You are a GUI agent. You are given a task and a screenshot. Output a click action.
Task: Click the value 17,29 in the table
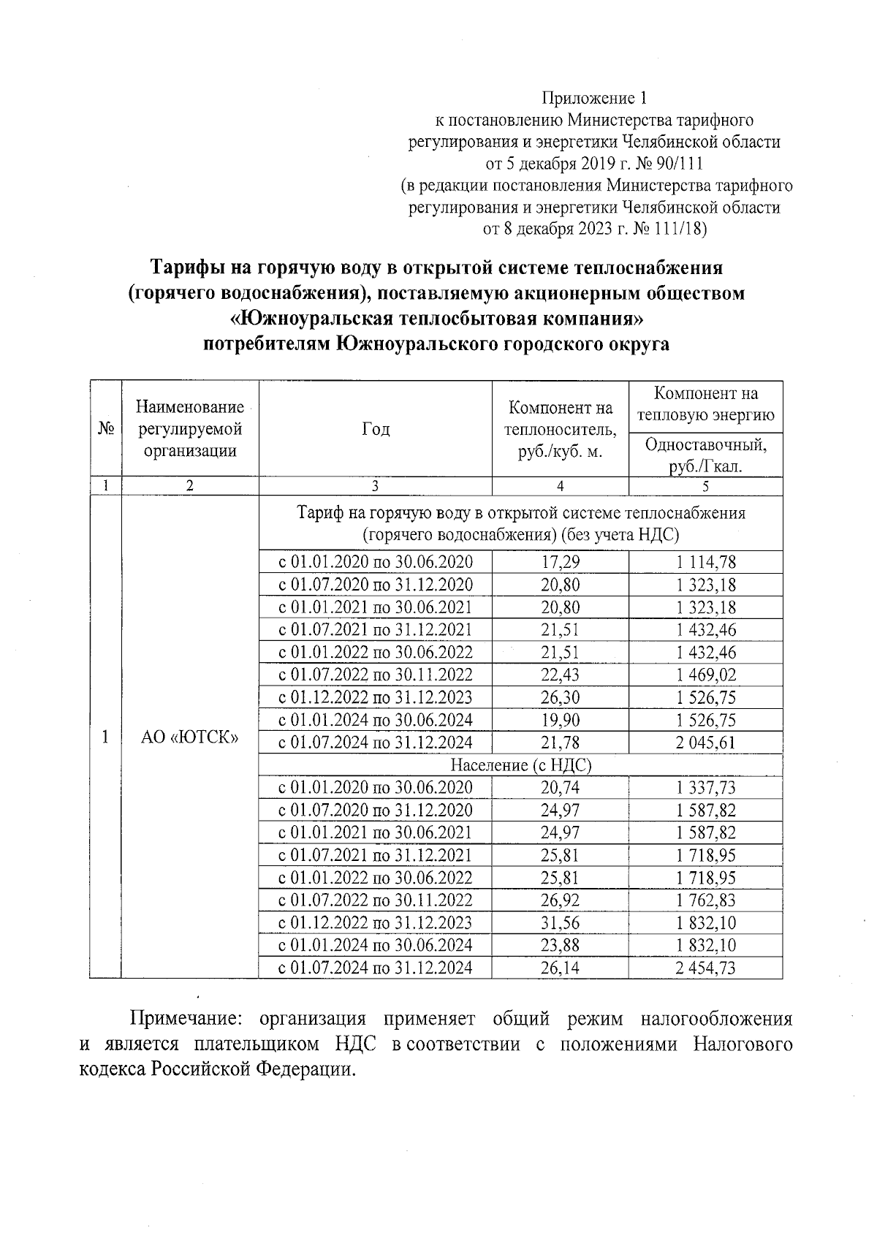560,561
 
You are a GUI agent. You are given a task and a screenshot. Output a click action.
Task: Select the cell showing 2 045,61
705,743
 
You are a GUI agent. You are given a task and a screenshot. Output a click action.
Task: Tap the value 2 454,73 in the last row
705,968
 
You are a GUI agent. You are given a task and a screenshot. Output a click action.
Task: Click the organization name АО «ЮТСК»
189,737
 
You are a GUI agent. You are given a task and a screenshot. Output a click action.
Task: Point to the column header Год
375,429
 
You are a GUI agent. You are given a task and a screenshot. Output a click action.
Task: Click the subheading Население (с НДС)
520,765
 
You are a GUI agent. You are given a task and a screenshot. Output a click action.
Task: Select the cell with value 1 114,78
705,561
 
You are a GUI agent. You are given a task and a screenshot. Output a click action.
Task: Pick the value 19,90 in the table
560,720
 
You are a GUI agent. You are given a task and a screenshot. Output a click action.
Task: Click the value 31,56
560,923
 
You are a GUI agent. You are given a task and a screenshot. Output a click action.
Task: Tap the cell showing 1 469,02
705,675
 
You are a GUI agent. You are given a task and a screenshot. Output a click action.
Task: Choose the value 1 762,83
705,900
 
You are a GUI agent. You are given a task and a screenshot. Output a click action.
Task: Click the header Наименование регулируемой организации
189,429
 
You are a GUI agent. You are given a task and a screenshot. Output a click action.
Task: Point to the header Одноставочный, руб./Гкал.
705,455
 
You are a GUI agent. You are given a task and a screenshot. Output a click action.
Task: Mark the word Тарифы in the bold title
187,267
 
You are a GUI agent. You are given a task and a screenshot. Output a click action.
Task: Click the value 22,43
560,675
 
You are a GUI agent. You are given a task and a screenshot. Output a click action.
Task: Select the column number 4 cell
560,486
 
